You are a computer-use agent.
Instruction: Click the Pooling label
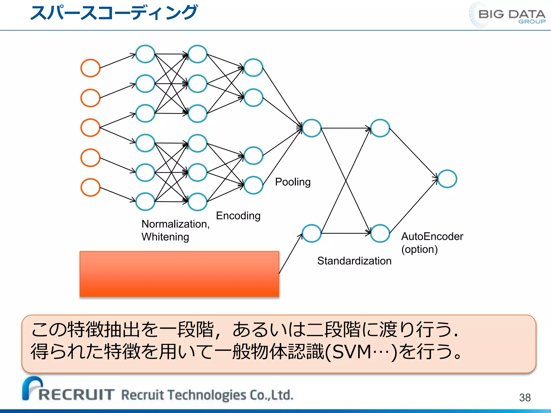tap(293, 182)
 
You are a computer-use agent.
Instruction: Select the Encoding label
tap(238, 216)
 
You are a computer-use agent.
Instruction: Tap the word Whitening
tap(165, 237)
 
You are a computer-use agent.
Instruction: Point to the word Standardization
tap(354, 261)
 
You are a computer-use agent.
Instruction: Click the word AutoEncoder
tap(432, 236)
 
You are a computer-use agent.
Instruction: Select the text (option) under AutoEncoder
tap(419, 249)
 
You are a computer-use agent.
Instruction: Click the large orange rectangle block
tap(179, 274)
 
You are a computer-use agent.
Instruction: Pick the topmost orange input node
tap(90, 68)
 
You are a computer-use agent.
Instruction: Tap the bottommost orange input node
tap(90, 187)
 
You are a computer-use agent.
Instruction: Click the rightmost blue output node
tap(447, 179)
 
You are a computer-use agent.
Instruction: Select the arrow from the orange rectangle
tap(291, 254)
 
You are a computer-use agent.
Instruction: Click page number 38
tap(525, 397)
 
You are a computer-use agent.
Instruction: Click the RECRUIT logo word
tap(76, 394)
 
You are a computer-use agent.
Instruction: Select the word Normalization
tap(175, 224)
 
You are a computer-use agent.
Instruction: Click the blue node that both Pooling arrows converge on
tap(312, 128)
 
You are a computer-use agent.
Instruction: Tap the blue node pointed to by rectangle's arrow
tap(312, 233)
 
